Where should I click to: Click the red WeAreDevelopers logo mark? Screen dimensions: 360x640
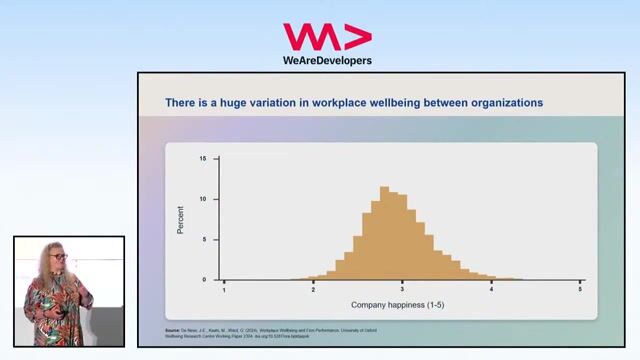pos(327,37)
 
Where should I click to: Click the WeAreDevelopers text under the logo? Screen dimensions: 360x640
pos(327,60)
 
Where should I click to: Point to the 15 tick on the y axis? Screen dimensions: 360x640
pos(204,159)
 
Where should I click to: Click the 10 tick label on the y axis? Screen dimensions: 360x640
pos(204,199)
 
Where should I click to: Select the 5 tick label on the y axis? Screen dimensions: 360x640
pos(205,239)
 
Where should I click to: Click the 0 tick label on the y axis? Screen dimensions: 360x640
pos(205,279)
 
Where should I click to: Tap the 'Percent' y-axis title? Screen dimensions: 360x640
pos(181,219)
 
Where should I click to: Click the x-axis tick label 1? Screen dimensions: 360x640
pos(224,289)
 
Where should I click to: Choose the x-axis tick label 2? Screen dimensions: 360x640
pos(313,289)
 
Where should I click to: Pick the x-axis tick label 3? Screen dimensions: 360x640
pos(402,289)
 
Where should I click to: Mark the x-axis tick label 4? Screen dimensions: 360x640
pos(491,289)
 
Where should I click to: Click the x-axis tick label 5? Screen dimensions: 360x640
pos(580,289)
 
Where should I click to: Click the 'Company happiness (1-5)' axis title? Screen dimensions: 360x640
pos(401,304)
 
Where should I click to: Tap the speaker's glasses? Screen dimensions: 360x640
pos(60,258)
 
